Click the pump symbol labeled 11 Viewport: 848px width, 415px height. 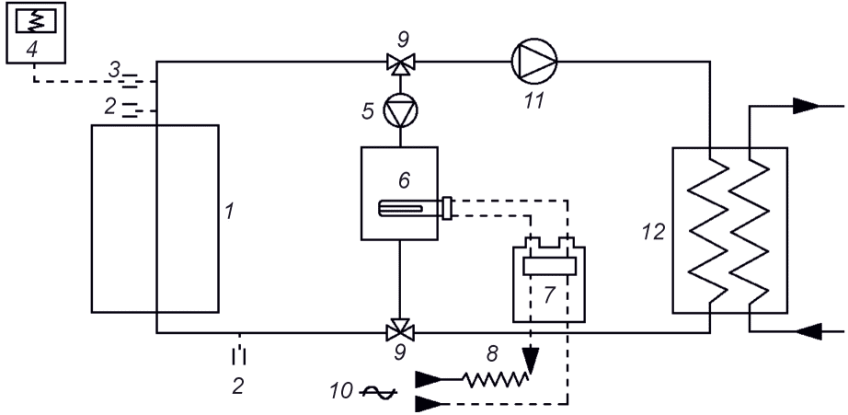[533, 61]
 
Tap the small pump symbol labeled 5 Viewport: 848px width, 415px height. [400, 110]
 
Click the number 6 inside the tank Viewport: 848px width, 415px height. [404, 180]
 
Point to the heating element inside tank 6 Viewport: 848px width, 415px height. [415, 208]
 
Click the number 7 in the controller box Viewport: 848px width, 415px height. [549, 294]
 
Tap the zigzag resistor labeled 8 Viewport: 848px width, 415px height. [496, 379]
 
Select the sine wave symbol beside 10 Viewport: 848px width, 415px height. [379, 393]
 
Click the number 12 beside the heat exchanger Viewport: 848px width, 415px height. [653, 232]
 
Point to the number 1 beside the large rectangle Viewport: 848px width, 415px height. [230, 211]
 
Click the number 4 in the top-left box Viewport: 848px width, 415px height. [32, 50]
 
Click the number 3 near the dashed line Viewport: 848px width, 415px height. [114, 69]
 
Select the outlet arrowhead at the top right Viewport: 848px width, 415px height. [807, 106]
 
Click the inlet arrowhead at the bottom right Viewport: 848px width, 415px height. [809, 330]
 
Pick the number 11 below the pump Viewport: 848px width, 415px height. [533, 101]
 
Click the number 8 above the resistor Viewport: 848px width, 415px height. [492, 354]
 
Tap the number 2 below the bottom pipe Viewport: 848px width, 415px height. [238, 386]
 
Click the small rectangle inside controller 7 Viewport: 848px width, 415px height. [549, 266]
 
